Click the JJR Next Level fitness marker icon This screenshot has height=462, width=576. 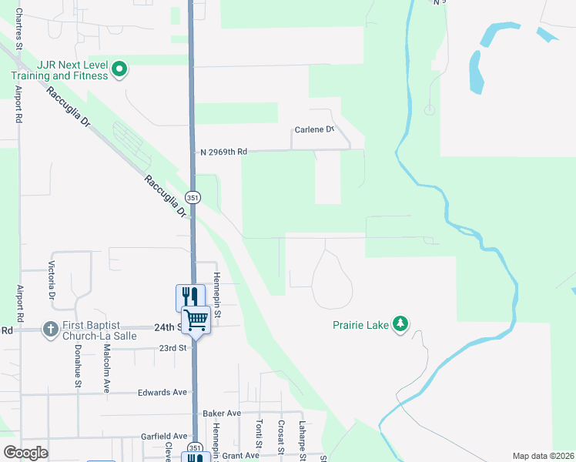[x=119, y=70]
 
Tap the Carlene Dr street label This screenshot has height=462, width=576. [x=314, y=130]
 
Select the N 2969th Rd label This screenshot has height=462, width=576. [x=223, y=152]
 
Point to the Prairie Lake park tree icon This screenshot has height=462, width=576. [x=400, y=324]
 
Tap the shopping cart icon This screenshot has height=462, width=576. [x=196, y=318]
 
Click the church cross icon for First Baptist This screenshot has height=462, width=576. [x=51, y=330]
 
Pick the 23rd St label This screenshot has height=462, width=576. [x=173, y=348]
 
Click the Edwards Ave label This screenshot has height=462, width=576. [x=162, y=392]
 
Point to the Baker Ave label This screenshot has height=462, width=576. [x=222, y=413]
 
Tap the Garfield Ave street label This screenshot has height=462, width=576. [x=165, y=436]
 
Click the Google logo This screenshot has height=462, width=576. [x=25, y=453]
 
